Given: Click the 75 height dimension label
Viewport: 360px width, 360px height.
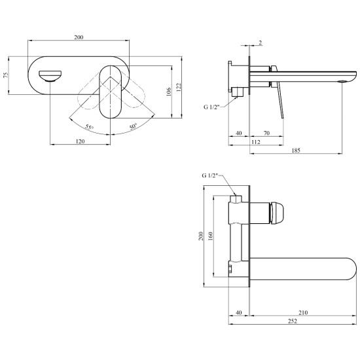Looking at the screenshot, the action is (6, 75).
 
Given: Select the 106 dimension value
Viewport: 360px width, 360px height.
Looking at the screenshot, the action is (168, 92).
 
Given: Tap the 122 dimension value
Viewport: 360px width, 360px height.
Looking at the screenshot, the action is (179, 87).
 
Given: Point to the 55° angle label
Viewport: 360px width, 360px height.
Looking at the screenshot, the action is (89, 127).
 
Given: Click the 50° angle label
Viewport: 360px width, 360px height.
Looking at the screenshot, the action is (133, 126).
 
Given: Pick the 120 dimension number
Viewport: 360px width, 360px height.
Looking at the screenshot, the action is (80, 141).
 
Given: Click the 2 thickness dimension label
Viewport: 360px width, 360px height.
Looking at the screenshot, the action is (260, 43).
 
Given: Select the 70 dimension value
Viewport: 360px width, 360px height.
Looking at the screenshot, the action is (266, 133).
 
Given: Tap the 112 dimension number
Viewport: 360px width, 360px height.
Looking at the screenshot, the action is (256, 142).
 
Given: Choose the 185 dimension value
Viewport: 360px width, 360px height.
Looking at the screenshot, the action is (296, 151).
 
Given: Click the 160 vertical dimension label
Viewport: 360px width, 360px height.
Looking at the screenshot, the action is (210, 236).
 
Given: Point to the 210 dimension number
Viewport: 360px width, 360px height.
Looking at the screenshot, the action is (303, 312).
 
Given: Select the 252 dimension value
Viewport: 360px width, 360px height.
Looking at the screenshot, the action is (293, 321).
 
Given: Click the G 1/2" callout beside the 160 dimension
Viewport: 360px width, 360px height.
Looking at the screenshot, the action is (209, 175).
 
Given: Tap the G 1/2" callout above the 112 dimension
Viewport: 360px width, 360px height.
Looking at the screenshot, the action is (211, 107).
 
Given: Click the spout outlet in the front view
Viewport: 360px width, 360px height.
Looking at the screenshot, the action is (50, 76).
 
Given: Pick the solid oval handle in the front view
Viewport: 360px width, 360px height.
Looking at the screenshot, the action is (111, 92).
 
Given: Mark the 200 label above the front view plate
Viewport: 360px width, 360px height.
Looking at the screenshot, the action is (79, 37).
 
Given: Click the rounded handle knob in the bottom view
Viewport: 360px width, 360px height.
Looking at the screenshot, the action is (277, 213).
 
